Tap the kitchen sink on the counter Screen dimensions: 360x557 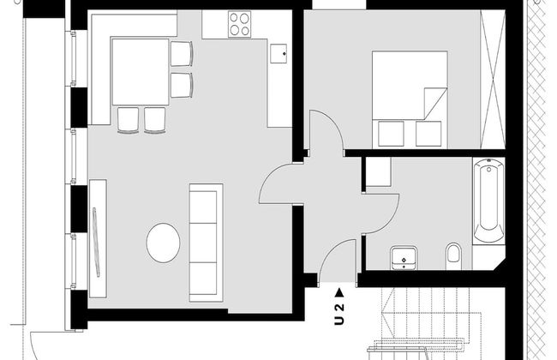tap(278, 54)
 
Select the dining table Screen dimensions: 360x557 tap(140, 72)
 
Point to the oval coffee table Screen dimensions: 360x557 tap(163, 243)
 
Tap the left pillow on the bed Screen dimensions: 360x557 tap(389, 134)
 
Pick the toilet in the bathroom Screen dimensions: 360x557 tap(455, 254)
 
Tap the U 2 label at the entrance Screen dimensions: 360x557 tap(339, 314)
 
